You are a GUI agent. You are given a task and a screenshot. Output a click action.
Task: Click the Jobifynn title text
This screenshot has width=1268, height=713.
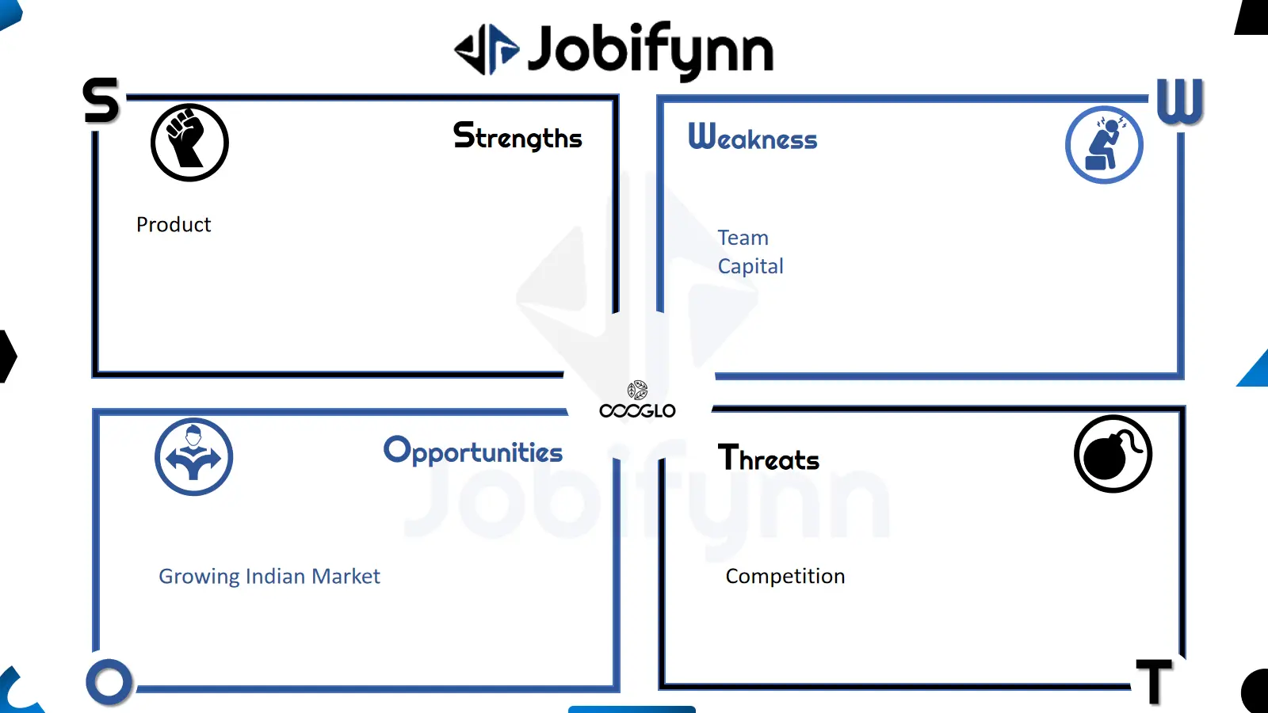[x=651, y=51]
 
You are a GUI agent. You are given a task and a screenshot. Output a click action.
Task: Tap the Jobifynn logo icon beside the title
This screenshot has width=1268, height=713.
[x=487, y=49]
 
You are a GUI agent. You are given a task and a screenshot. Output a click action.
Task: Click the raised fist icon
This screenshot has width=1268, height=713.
[x=189, y=143]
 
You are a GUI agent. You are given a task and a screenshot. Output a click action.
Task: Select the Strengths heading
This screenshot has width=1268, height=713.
[x=518, y=136]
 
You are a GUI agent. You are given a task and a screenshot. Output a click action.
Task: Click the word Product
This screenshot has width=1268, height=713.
[x=174, y=225]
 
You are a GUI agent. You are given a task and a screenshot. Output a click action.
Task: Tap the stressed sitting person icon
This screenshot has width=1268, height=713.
[x=1104, y=145]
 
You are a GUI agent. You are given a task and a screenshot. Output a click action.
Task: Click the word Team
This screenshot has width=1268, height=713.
[x=743, y=238]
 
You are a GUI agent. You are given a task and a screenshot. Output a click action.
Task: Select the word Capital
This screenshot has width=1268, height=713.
[x=750, y=266]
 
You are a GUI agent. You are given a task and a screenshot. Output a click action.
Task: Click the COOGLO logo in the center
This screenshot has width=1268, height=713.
[x=637, y=400]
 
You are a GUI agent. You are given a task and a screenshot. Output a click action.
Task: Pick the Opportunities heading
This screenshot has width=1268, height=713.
[x=473, y=451]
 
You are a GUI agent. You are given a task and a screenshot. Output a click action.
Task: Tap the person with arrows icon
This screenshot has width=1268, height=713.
[x=193, y=456]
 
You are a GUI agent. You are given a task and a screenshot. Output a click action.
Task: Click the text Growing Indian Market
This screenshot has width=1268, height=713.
[x=269, y=577]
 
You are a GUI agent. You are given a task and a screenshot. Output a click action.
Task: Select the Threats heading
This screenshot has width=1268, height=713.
[x=769, y=458]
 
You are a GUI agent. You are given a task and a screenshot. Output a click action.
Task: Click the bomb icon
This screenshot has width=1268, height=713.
[x=1113, y=454]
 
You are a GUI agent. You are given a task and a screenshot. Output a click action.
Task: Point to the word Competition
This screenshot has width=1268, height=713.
[x=785, y=577]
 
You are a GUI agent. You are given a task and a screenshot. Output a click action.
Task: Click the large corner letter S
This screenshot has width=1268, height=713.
[x=101, y=100]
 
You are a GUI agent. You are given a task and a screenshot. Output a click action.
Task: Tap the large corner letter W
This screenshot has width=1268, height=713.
[x=1180, y=101]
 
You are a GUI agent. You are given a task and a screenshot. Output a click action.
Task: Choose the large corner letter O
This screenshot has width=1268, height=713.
[x=109, y=682]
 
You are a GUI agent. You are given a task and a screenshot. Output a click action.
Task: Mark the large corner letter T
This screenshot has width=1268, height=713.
[x=1154, y=682]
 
